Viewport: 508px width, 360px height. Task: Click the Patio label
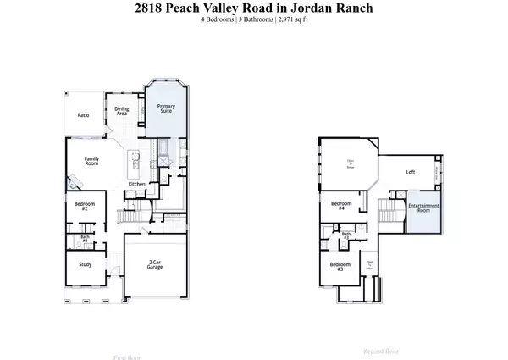83,114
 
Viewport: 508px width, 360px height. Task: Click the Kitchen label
138,184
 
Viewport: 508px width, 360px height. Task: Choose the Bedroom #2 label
85,206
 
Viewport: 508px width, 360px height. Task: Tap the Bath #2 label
86,240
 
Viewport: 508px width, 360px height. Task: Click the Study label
85,265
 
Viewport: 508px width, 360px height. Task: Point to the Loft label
411,172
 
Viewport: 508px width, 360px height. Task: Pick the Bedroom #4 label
341,206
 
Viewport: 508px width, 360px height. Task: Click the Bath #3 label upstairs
345,236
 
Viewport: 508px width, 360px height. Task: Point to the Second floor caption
379,349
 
